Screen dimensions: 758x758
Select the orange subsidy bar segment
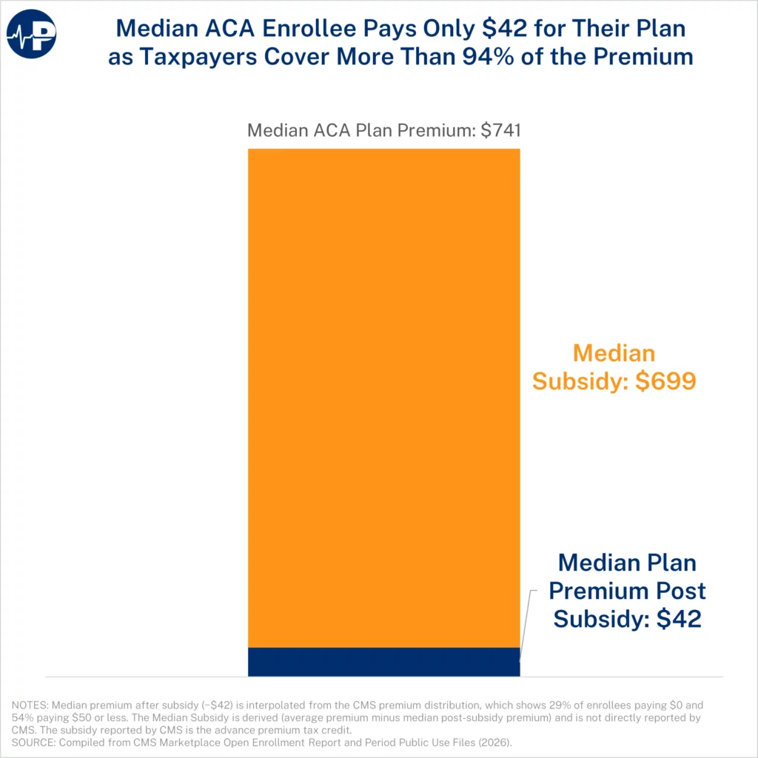[x=383, y=398]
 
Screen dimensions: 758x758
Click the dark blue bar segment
[x=383, y=661]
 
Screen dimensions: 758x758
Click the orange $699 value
[x=665, y=380]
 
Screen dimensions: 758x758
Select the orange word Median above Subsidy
[x=614, y=352]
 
